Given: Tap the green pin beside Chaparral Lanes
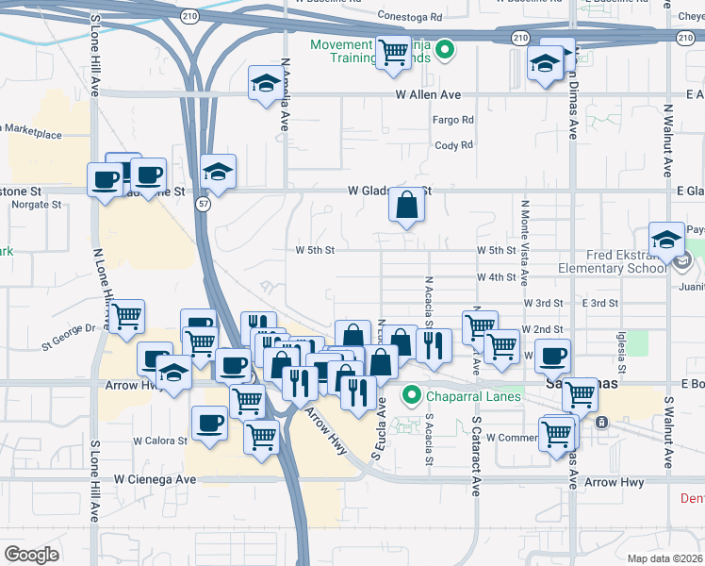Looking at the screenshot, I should (x=411, y=395).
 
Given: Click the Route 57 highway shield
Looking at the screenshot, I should (x=203, y=204).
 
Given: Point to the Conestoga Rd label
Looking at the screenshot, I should (x=409, y=17).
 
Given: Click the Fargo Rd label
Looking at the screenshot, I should (x=452, y=120).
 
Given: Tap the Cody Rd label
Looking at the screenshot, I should (x=452, y=145).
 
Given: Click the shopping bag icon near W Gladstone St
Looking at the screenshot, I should (x=406, y=205).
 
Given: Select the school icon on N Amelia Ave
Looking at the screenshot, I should (x=265, y=85).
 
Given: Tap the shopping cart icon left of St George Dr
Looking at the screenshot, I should (x=125, y=317).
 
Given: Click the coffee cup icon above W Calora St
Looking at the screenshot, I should (x=209, y=423).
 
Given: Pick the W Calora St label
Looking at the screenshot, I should (x=162, y=441).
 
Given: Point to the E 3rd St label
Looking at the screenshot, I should (x=599, y=303).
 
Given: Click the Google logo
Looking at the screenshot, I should (x=32, y=554).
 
